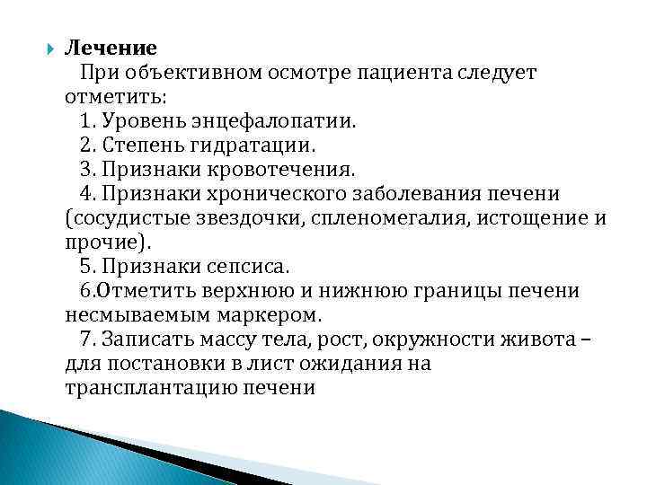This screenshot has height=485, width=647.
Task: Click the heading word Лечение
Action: click(x=111, y=48)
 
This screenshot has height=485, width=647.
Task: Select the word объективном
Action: click(x=184, y=72)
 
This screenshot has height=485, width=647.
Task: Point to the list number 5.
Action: click(x=86, y=266)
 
